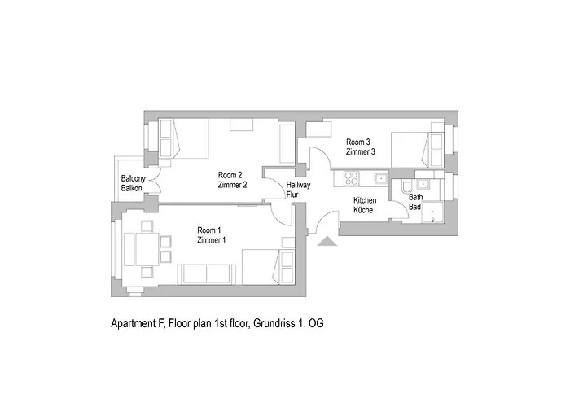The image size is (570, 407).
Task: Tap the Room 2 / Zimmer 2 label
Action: pos(232,180)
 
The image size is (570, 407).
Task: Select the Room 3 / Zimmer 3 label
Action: pos(360,147)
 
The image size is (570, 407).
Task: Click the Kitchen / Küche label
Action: pos(364,205)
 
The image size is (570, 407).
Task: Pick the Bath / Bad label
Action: pos(415,202)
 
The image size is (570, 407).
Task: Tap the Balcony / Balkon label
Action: pos(133,184)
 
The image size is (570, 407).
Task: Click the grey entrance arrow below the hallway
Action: pos(327,241)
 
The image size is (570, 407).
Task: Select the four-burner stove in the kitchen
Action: pos(352,177)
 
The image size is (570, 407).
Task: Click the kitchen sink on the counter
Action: pos(379,177)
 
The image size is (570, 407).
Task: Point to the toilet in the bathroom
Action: pos(405,188)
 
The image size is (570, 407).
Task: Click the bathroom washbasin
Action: pos(424,179)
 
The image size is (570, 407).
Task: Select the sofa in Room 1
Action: pos(207,274)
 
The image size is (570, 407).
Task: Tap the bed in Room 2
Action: pos(183,138)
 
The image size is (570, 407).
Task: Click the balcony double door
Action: pos(154,183)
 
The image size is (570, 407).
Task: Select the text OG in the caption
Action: pos(315,323)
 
